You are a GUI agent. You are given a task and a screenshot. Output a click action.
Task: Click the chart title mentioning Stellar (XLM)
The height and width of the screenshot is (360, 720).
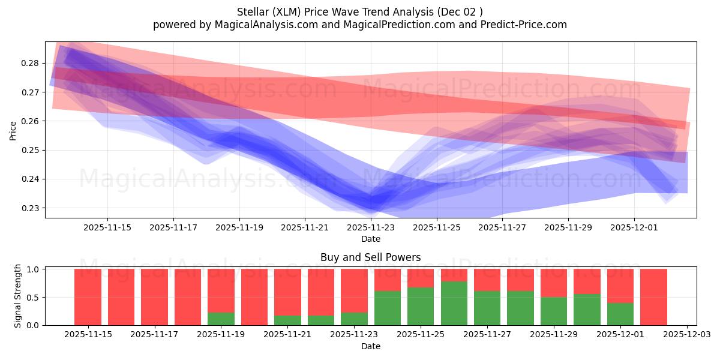pos(359,11)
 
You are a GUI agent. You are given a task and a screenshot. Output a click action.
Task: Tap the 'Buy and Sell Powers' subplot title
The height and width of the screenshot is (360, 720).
pos(370,257)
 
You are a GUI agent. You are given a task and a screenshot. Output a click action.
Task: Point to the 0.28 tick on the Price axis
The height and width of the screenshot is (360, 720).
pos(31,64)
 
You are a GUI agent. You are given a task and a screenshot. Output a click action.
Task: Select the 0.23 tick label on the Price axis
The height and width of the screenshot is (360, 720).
pos(31,209)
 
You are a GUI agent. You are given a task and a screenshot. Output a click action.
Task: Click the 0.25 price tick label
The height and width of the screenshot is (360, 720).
pos(31,151)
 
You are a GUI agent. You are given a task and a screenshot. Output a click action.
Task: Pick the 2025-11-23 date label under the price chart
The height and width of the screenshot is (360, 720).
pos(371,228)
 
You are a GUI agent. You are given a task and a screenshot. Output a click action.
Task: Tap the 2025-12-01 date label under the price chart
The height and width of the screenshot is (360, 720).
pos(634,228)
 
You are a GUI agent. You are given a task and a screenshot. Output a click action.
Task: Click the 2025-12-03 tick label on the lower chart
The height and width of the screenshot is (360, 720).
pos(686,335)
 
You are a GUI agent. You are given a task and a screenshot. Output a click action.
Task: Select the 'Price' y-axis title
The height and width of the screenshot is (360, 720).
pos(13,130)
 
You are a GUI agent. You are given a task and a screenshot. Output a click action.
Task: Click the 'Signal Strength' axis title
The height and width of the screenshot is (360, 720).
pos(18,296)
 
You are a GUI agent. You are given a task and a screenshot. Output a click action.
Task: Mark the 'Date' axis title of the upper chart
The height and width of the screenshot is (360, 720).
pos(370,239)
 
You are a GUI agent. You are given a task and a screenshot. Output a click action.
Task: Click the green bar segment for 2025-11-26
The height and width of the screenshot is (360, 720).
pos(454,303)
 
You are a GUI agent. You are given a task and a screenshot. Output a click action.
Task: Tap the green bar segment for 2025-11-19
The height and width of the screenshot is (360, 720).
pos(221,319)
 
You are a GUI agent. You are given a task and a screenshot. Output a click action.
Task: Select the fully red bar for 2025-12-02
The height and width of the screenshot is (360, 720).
pos(653,297)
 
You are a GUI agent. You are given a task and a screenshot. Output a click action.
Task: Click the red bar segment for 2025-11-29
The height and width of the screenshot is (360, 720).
pos(553,283)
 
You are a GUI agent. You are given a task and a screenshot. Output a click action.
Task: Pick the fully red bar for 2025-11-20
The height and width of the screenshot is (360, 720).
pos(254,297)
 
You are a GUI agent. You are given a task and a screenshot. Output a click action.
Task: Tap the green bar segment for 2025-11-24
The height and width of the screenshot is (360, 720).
pos(387,308)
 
